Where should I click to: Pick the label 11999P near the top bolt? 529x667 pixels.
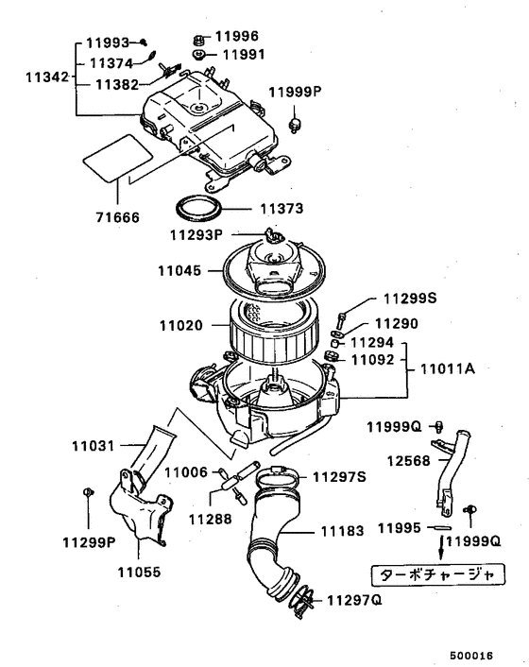[294, 92]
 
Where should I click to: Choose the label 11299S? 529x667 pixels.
[409, 299]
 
